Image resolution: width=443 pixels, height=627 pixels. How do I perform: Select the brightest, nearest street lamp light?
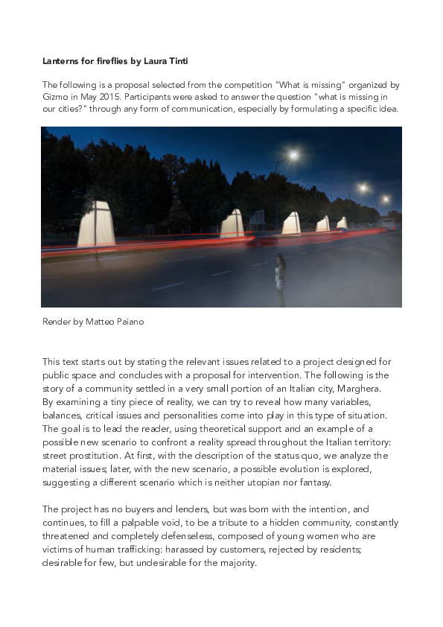pos(293,156)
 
